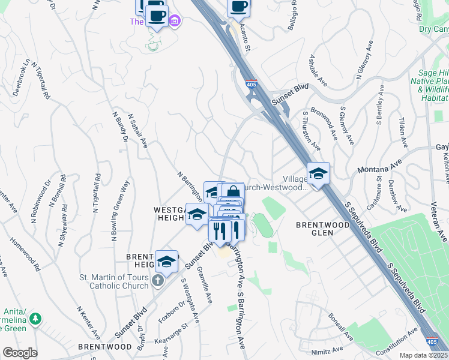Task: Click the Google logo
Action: (20, 353)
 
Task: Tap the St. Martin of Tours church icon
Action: (157, 281)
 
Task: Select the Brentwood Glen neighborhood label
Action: (322, 229)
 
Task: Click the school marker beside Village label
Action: (318, 173)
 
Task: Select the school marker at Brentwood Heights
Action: (167, 261)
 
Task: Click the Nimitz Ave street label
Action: (327, 349)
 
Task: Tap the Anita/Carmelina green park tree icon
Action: (36, 318)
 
